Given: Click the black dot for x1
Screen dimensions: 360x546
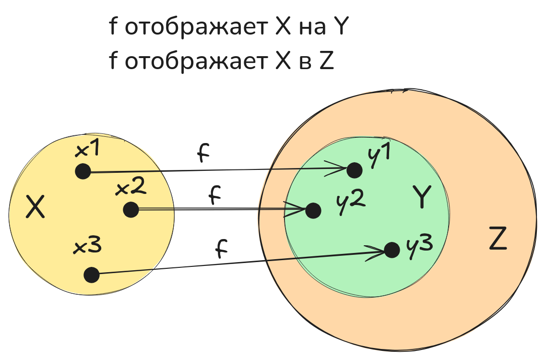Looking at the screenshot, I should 83,171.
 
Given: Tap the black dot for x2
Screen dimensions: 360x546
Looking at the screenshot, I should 131,210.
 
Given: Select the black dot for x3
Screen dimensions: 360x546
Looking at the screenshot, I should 91,275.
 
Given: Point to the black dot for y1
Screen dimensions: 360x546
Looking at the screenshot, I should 354,169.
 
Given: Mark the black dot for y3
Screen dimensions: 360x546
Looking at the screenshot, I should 392,250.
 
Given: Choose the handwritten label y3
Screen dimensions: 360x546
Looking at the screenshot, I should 419,245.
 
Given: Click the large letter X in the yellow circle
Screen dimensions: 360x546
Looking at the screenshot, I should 35,208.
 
